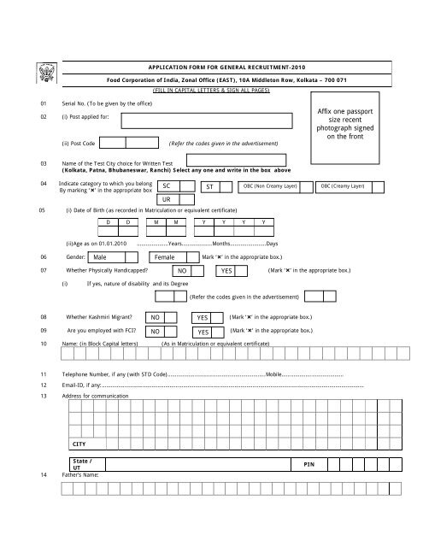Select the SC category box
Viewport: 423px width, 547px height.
click(x=175, y=185)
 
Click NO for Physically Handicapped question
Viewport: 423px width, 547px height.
click(x=184, y=271)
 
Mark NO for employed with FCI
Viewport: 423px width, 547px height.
click(x=157, y=332)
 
